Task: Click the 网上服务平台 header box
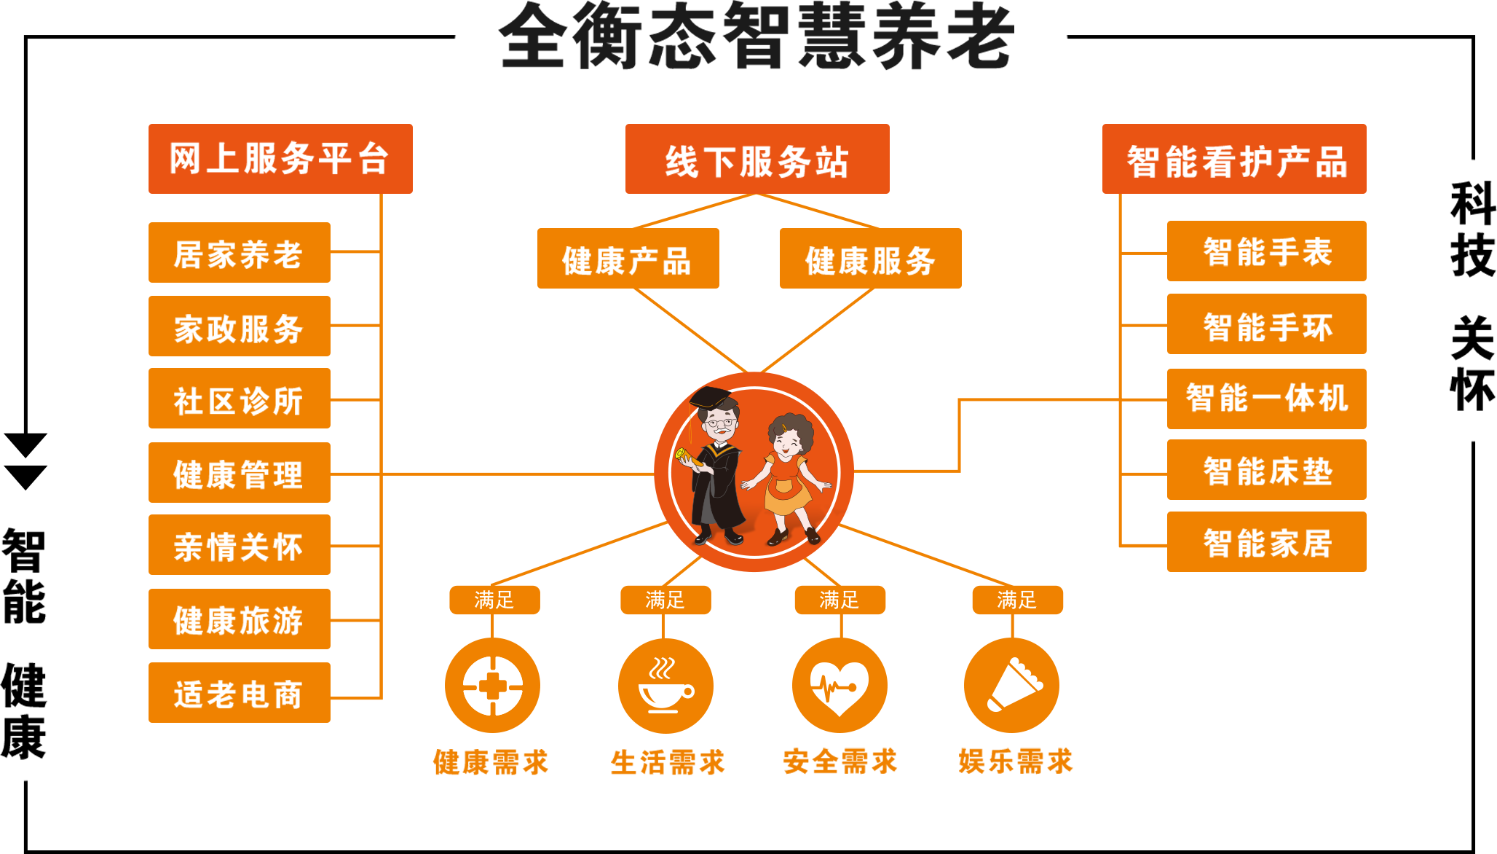(x=280, y=159)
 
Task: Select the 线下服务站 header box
(x=757, y=159)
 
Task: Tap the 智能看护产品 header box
(x=1234, y=159)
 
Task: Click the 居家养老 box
(x=239, y=253)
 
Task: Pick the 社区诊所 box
(x=239, y=399)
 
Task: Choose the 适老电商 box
(x=239, y=693)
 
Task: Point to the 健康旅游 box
(x=239, y=619)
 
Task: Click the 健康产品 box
(x=628, y=259)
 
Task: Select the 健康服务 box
(x=870, y=259)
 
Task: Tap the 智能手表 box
(x=1266, y=251)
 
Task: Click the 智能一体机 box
(x=1266, y=399)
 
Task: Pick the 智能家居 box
(x=1266, y=542)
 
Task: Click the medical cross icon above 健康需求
(x=492, y=685)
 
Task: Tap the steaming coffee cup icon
(x=665, y=685)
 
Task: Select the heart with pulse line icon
(x=840, y=685)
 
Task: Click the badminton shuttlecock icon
(x=1012, y=685)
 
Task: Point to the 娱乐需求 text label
(x=1016, y=761)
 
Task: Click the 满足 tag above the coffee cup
(x=665, y=600)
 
